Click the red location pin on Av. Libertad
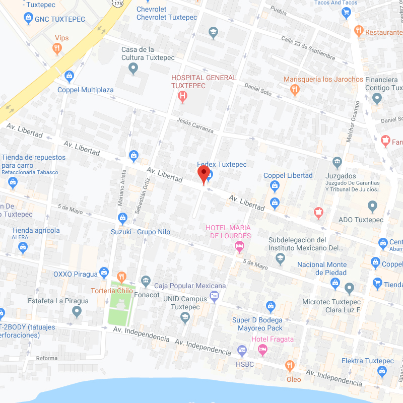(204, 175)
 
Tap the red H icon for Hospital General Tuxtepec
(183, 96)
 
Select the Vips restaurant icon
(57, 49)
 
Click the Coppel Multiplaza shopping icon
(70, 77)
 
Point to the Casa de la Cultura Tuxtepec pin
(133, 68)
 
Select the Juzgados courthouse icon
(337, 162)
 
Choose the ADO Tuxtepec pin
(372, 206)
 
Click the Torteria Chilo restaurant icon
(121, 277)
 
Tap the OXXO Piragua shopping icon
(104, 273)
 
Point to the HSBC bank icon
(242, 350)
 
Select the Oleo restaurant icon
(290, 365)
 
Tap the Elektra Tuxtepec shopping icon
(382, 372)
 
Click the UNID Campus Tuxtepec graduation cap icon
(185, 317)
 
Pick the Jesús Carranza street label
(195, 125)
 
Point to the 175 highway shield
(117, 3)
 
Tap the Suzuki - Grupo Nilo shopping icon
(122, 218)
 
